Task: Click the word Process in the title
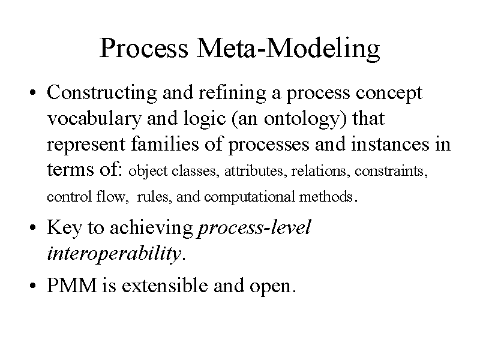(x=143, y=48)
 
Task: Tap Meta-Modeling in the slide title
(x=288, y=49)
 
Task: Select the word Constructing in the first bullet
(x=101, y=93)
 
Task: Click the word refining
(x=232, y=93)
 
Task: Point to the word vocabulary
(x=94, y=118)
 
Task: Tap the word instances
(x=390, y=144)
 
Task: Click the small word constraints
(x=391, y=170)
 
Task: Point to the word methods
(x=326, y=196)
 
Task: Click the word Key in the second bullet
(x=65, y=228)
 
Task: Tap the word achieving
(x=151, y=228)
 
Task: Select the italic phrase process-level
(x=254, y=228)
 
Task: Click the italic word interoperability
(x=114, y=254)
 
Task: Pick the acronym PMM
(x=71, y=286)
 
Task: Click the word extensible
(x=164, y=286)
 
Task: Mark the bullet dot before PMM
(x=33, y=286)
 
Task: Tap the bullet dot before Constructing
(x=33, y=93)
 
